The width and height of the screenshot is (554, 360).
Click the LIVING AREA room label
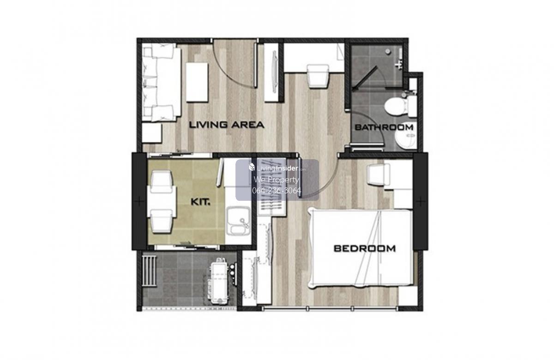pyautogui.click(x=227, y=125)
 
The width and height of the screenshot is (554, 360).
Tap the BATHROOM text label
pyautogui.click(x=384, y=127)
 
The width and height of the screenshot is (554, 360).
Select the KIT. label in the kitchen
pyautogui.click(x=200, y=202)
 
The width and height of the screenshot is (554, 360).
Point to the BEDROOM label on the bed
pyautogui.click(x=365, y=248)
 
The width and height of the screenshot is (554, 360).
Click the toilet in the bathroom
pyautogui.click(x=400, y=106)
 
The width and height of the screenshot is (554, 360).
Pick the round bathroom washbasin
pyautogui.click(x=406, y=136)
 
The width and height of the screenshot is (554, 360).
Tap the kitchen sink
pyautogui.click(x=238, y=221)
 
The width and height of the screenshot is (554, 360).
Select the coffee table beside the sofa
pyautogui.click(x=197, y=82)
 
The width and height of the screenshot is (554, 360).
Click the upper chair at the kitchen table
pyautogui.click(x=162, y=181)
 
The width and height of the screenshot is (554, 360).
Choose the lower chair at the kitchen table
pyautogui.click(x=162, y=221)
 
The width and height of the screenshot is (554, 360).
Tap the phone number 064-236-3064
pyautogui.click(x=277, y=191)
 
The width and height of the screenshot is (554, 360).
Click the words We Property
pyautogui.click(x=277, y=180)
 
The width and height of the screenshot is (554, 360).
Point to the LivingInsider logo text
pyautogui.click(x=277, y=168)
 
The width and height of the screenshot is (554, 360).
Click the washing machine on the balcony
pyautogui.click(x=219, y=281)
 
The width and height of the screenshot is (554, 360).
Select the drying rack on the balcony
pyautogui.click(x=149, y=271)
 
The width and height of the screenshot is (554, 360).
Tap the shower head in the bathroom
pyautogui.click(x=387, y=51)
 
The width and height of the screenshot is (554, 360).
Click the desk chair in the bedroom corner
pyautogui.click(x=378, y=174)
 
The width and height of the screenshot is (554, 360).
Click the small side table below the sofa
pyautogui.click(x=151, y=133)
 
